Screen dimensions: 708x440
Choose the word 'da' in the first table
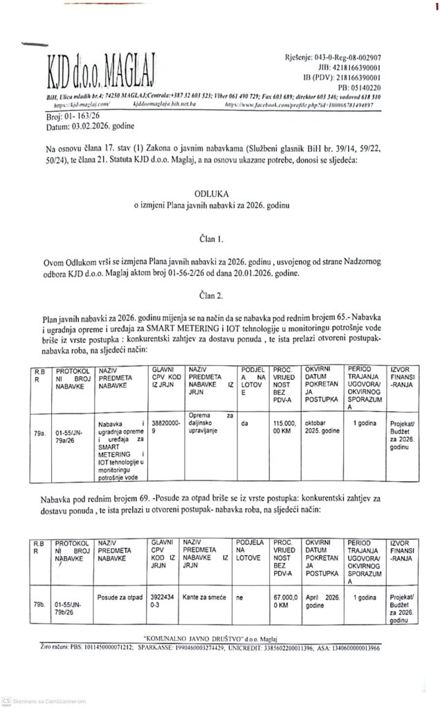click(x=246, y=416)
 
